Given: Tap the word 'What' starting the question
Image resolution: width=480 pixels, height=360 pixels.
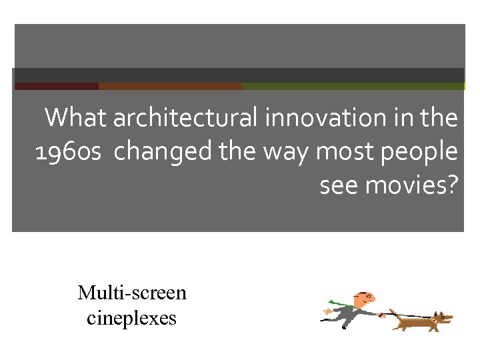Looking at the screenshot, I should (x=75, y=119).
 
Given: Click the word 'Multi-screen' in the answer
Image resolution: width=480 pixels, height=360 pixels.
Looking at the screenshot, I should (x=132, y=293).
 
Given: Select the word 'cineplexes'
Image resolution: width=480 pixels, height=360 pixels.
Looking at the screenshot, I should (x=132, y=318).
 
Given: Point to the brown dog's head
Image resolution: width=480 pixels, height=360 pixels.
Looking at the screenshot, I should (x=441, y=319).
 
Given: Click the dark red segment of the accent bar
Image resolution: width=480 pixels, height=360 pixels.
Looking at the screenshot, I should (x=56, y=86).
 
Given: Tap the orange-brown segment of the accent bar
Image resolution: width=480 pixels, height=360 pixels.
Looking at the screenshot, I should (x=170, y=86).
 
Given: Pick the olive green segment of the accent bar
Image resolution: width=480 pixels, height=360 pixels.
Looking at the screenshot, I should (x=353, y=86).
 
